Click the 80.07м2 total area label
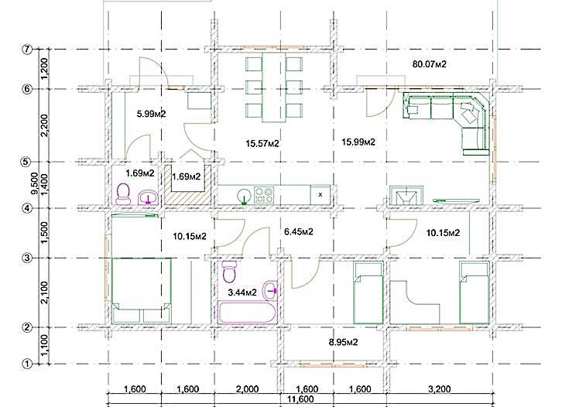click(430, 64)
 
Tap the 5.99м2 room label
click(151, 114)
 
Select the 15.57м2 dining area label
click(262, 143)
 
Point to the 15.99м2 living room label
click(358, 142)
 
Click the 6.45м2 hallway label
click(299, 232)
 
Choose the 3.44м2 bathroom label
click(242, 292)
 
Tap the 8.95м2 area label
click(344, 342)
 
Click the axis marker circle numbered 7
click(27, 49)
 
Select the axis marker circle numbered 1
click(27, 364)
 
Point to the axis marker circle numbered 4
click(27, 208)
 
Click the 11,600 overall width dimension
click(300, 398)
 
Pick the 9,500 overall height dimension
click(35, 183)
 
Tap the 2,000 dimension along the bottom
click(247, 389)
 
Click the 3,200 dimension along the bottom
click(440, 389)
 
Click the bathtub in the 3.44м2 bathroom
click(247, 313)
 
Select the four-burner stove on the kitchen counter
click(264, 195)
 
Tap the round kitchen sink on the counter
click(245, 196)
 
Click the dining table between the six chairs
click(274, 87)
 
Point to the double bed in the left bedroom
click(141, 290)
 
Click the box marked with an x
click(320, 195)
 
